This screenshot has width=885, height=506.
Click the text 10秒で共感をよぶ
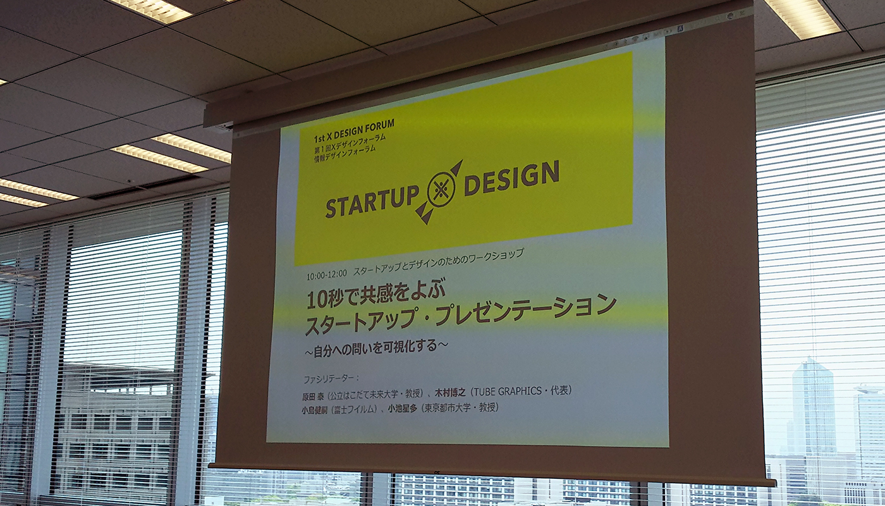click(375, 295)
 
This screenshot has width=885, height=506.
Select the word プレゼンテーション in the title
click(528, 311)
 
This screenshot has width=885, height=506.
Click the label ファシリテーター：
click(331, 378)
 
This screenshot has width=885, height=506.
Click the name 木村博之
click(450, 393)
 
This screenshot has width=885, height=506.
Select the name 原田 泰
click(312, 395)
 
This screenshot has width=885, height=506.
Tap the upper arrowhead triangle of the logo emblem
click(456, 168)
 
